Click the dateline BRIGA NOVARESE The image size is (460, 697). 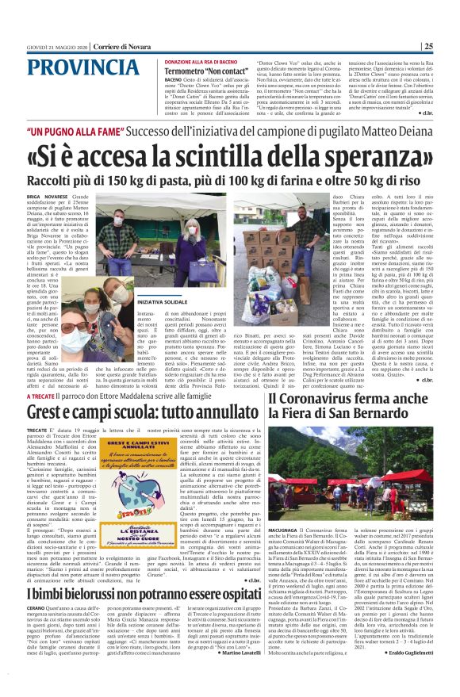tap(47, 194)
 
